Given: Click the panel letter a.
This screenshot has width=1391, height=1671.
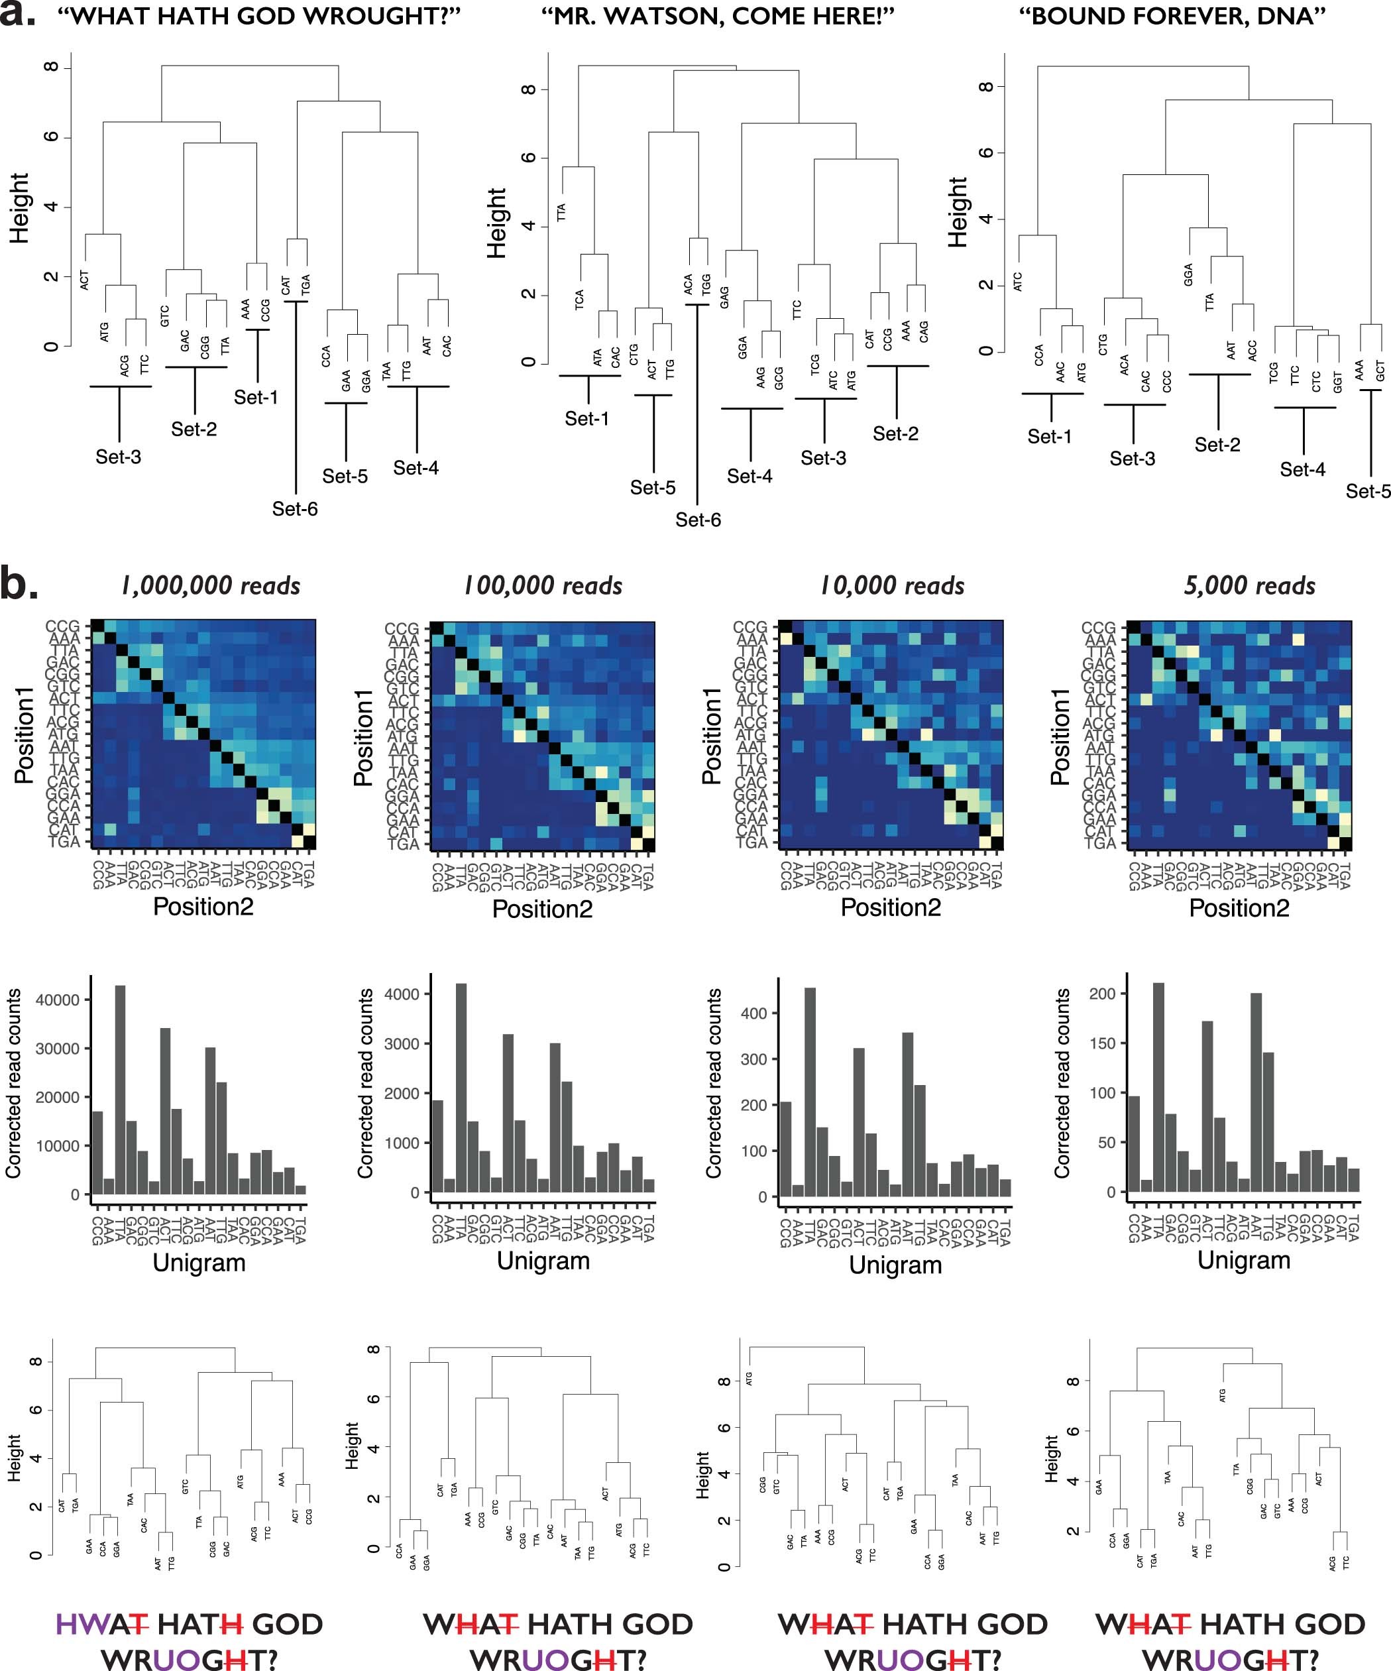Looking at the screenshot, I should [x=17, y=15].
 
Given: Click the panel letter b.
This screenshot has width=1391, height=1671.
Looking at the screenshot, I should [x=17, y=583].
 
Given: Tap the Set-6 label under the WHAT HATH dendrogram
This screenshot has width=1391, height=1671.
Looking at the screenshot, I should [x=294, y=508].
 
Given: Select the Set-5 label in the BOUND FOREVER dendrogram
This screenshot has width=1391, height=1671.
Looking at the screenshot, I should [x=1368, y=491].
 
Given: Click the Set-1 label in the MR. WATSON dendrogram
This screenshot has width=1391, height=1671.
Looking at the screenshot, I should [x=586, y=418].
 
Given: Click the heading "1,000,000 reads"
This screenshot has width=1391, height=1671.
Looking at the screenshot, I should [x=211, y=587].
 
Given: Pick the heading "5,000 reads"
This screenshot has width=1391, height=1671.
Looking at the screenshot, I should [x=1249, y=587].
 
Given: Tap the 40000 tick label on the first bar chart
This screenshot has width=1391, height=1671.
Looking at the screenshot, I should [x=57, y=1000].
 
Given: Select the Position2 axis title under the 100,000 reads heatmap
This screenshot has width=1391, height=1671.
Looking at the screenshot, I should [x=542, y=909].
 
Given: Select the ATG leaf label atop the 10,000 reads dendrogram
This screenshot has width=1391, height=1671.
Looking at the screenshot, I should [x=750, y=1378].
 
